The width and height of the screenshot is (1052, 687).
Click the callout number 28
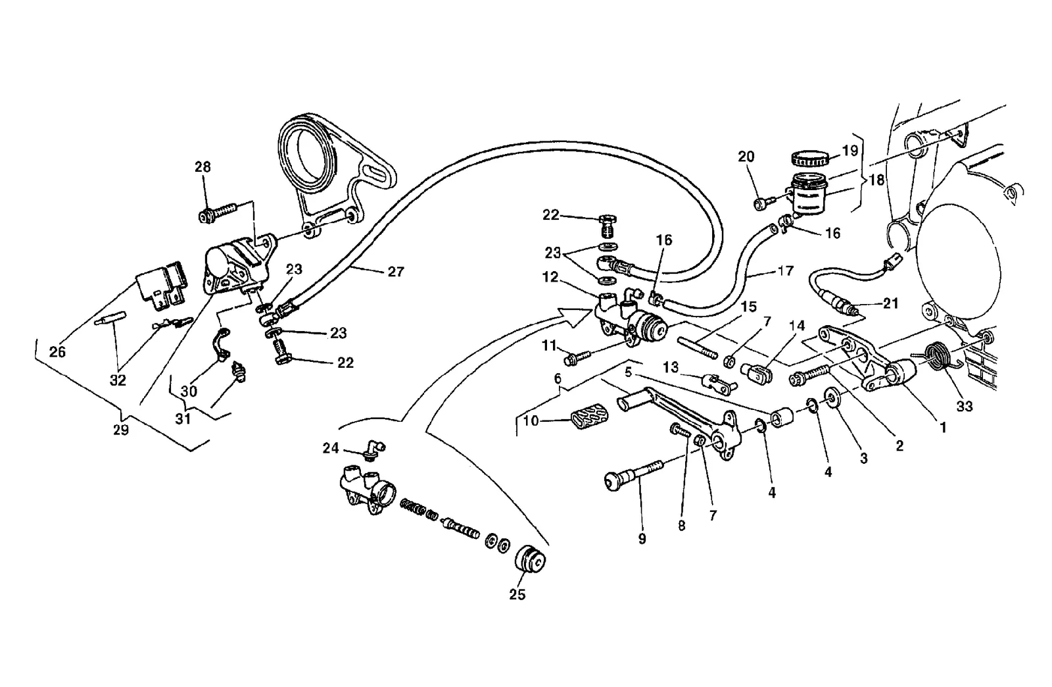[203, 167]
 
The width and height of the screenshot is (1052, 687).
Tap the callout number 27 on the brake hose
[396, 272]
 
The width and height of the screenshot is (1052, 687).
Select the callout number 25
[517, 594]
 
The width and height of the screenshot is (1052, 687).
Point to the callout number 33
[964, 406]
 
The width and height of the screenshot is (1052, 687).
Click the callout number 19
[850, 151]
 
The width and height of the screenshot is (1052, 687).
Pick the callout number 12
[550, 277]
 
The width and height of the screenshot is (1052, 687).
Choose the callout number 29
[121, 430]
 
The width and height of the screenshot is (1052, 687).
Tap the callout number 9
[642, 539]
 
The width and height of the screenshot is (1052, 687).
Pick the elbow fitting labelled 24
[374, 448]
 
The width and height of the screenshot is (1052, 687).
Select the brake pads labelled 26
[162, 286]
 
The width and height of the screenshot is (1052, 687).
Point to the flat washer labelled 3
[832, 397]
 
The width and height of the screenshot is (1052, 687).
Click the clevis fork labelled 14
[757, 372]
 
